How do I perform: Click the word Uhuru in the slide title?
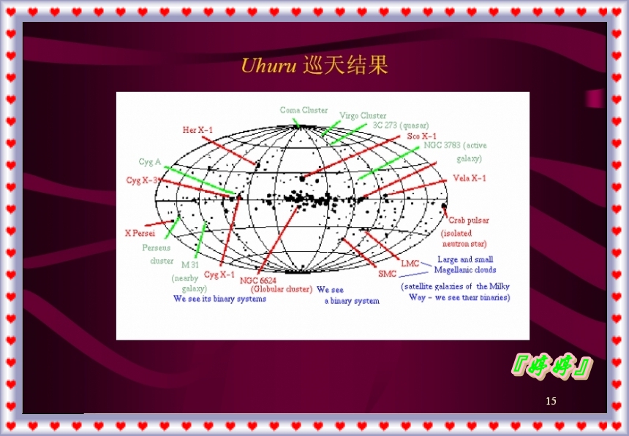pyautogui.click(x=268, y=66)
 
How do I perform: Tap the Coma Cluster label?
pyautogui.click(x=304, y=110)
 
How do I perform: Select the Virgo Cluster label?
pyautogui.click(x=363, y=115)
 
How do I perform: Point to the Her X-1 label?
pyautogui.click(x=197, y=130)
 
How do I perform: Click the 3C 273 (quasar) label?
pyautogui.click(x=401, y=125)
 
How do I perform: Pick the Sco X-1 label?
pyautogui.click(x=421, y=136)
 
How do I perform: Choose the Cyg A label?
pyautogui.click(x=149, y=162)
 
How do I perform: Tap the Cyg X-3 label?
pyautogui.click(x=143, y=180)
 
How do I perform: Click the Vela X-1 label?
pyautogui.click(x=469, y=177)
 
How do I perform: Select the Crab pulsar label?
pyautogui.click(x=469, y=220)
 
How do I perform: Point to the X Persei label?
pyautogui.click(x=138, y=233)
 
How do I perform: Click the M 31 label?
pyautogui.click(x=190, y=264)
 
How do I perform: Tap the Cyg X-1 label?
pyautogui.click(x=219, y=275)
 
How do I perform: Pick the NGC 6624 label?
pyautogui.click(x=257, y=280)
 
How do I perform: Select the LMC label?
pyautogui.click(x=410, y=262)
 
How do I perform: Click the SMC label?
pyautogui.click(x=388, y=274)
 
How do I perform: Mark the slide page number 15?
pyautogui.click(x=551, y=401)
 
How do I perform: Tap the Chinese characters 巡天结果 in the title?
pyautogui.click(x=344, y=66)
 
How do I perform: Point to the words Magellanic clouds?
pyautogui.click(x=465, y=269)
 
